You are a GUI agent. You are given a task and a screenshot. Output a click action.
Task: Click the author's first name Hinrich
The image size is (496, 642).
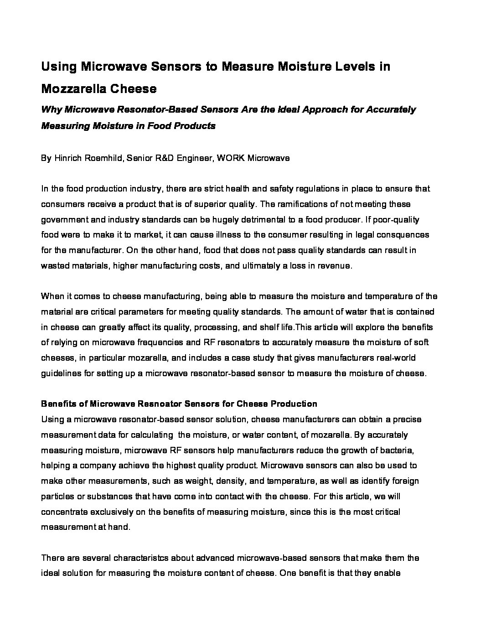(x=67, y=158)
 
